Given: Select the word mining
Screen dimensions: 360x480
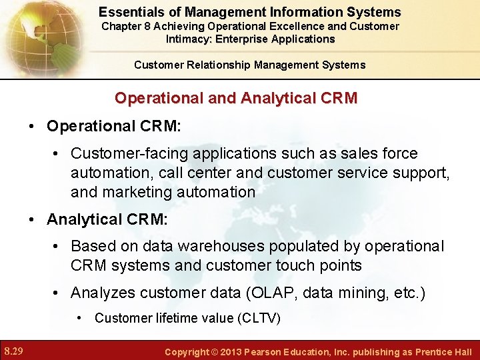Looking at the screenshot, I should pyautogui.click(x=383, y=293).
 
